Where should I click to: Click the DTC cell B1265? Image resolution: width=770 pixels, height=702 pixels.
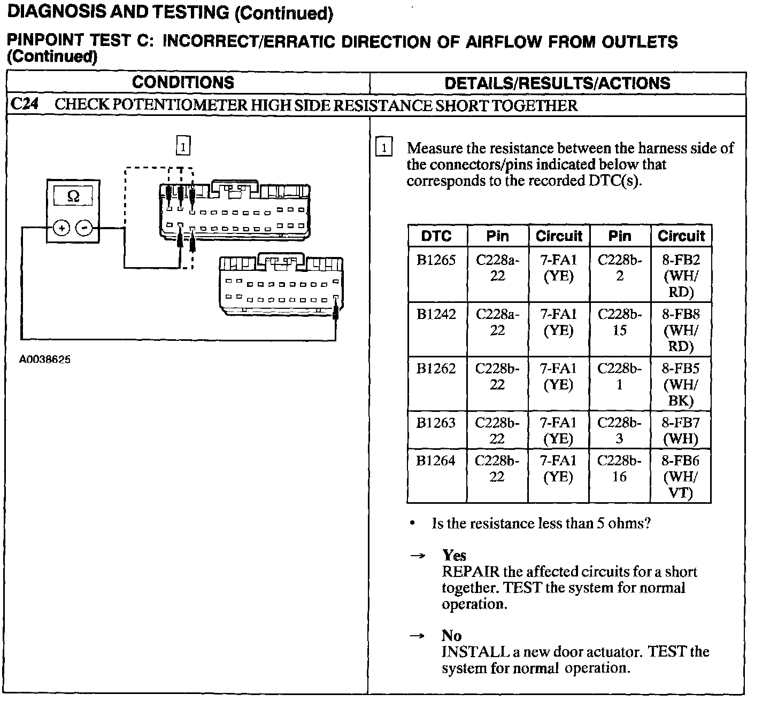(x=436, y=260)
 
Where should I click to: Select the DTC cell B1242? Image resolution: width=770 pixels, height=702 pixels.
(x=436, y=314)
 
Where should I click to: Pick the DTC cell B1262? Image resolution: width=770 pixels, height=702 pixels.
(x=436, y=369)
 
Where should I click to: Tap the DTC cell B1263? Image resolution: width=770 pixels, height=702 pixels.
(x=436, y=423)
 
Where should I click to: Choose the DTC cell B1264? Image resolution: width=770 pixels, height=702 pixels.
(x=436, y=461)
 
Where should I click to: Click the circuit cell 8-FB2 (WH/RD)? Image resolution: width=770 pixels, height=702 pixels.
(x=681, y=276)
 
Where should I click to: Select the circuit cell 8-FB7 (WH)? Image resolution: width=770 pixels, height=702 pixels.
(x=681, y=431)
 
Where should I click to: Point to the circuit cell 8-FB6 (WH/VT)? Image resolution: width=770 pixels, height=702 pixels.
(x=681, y=477)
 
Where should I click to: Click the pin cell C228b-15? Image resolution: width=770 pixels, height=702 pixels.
(x=620, y=322)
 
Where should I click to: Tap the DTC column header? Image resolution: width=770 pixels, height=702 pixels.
(x=436, y=236)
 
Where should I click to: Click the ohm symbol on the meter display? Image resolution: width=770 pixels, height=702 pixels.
(x=73, y=197)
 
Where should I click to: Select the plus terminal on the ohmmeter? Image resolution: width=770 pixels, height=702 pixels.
(x=62, y=229)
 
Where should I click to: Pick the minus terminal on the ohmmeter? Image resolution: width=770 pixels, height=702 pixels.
(x=84, y=229)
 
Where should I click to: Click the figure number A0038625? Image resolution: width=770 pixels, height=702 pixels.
(x=45, y=360)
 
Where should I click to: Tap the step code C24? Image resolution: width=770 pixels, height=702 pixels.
(x=25, y=105)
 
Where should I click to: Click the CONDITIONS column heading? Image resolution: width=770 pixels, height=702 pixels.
(x=183, y=83)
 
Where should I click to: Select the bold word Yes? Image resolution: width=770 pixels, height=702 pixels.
(x=454, y=556)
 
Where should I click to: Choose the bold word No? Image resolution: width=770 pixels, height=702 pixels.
(x=452, y=636)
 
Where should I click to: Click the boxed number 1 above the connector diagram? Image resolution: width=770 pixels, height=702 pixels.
(x=183, y=145)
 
